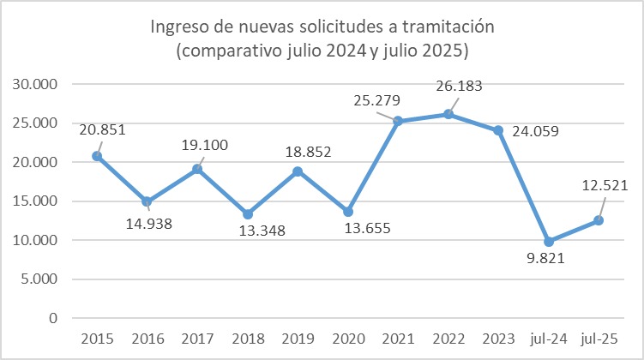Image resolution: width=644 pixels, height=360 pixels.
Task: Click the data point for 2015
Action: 97,156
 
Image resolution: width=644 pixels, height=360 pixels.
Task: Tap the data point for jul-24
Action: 548,242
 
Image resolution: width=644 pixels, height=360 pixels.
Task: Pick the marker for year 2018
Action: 247,214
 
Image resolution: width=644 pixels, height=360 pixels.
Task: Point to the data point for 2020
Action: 347,212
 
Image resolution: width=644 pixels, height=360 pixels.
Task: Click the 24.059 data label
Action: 533,133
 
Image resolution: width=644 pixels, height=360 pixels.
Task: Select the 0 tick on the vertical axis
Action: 53,318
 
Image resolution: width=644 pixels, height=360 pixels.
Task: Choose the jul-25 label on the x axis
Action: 598,338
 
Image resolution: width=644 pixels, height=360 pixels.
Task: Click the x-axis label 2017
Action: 196,338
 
